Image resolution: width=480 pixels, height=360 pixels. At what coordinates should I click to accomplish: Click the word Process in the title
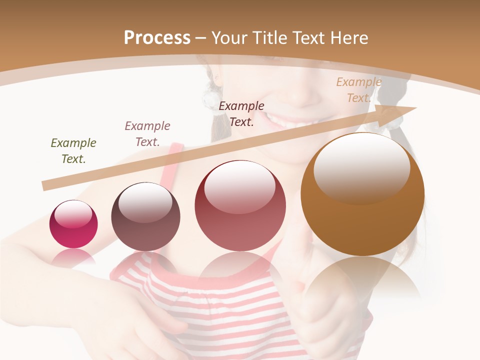[x=157, y=38]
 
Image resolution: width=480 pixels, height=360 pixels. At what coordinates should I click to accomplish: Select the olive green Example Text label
[x=73, y=150]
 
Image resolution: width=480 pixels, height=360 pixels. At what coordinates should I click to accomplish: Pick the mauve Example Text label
[x=147, y=133]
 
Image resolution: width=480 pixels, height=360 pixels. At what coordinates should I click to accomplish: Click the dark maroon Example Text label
[x=241, y=113]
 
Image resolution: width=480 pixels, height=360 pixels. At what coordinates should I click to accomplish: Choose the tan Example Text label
[x=358, y=89]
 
